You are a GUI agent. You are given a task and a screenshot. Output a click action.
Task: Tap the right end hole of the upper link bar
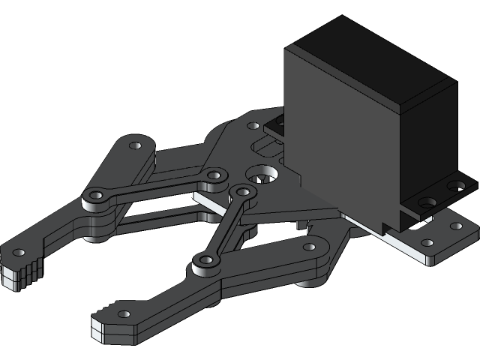(x=214, y=175)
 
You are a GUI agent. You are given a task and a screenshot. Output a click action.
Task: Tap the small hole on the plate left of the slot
(x=253, y=126)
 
